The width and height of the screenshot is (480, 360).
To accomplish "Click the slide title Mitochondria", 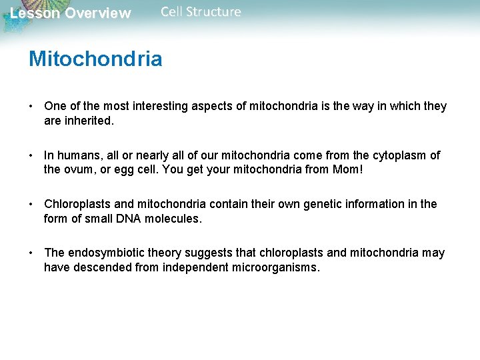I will pos(95,59).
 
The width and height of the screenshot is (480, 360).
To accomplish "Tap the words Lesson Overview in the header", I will pos(71,13).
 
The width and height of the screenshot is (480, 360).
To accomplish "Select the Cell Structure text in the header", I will pos(201,12).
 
